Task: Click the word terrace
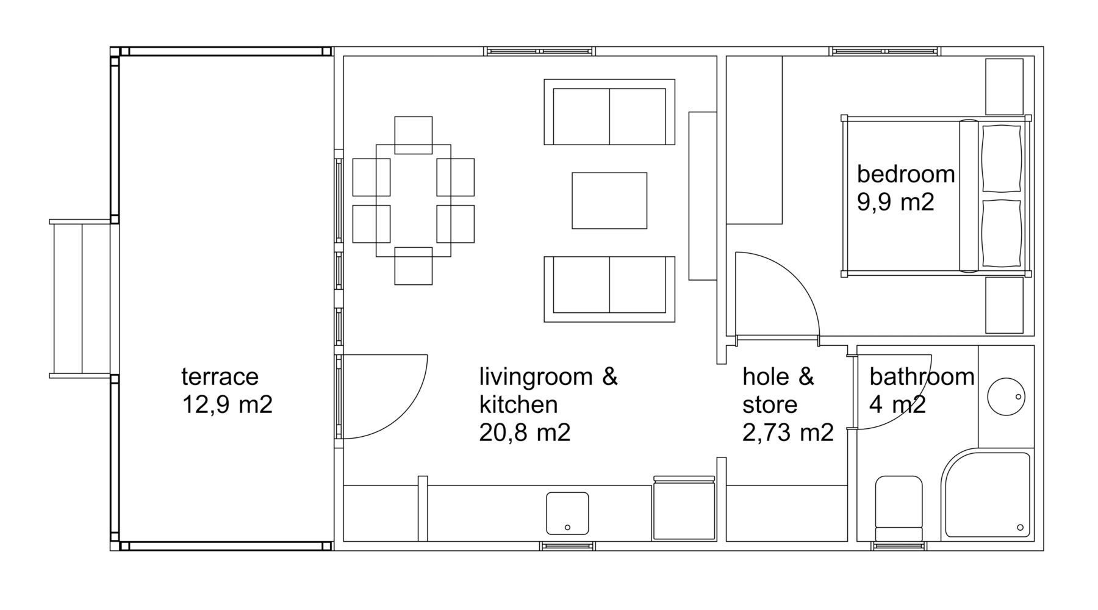(220, 376)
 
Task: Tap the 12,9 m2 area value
(227, 404)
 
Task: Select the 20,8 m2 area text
(525, 432)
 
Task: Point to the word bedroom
(906, 174)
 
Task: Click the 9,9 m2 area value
(895, 202)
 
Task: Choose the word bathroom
(922, 376)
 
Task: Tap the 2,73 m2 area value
(788, 432)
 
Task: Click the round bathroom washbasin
(1006, 397)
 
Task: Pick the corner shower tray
(986, 495)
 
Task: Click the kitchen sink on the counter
(567, 513)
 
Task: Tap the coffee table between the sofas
(609, 201)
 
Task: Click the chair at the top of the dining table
(414, 135)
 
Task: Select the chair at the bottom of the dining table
(414, 266)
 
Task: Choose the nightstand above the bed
(1005, 87)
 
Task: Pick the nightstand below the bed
(1005, 305)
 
